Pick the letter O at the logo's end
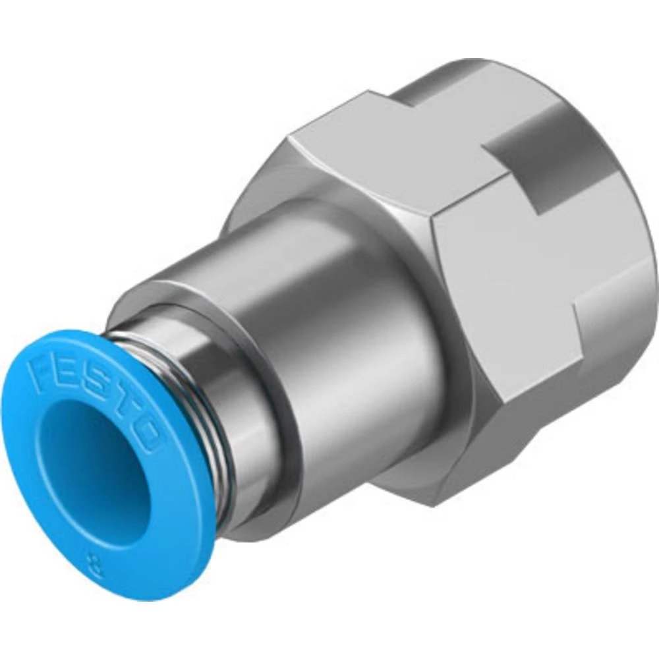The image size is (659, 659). click(148, 438)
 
